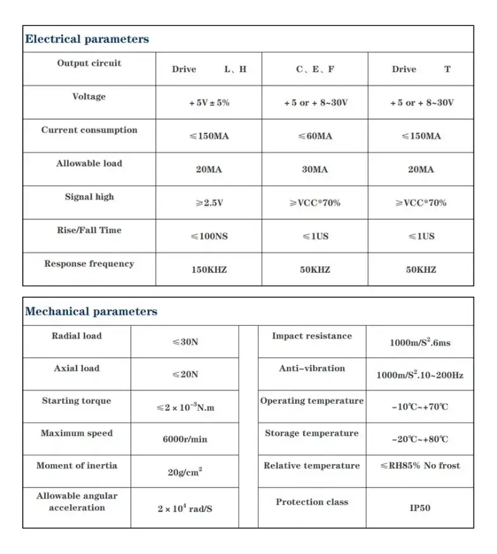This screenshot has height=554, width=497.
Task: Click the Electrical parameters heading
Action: click(87, 39)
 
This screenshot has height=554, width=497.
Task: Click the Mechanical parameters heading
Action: click(91, 312)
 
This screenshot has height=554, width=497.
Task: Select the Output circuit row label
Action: click(89, 63)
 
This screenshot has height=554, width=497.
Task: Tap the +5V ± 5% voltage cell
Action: click(209, 103)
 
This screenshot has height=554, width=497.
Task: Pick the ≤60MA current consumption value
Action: click(314, 136)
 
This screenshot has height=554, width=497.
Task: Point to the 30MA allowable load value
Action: click(314, 170)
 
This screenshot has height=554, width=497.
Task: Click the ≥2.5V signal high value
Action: click(209, 203)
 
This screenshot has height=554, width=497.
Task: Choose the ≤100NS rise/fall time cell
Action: click(209, 236)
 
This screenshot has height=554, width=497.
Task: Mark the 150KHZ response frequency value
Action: click(209, 270)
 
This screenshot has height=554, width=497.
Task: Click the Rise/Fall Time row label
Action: click(89, 230)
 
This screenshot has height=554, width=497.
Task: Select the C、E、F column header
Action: click(315, 70)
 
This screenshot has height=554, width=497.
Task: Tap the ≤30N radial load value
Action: click(185, 342)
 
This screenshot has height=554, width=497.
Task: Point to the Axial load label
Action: click(77, 368)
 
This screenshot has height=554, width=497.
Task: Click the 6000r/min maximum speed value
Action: click(185, 439)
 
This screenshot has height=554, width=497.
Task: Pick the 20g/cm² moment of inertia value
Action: click(185, 472)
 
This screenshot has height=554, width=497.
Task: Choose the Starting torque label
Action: click(77, 401)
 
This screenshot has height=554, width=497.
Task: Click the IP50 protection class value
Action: click(420, 508)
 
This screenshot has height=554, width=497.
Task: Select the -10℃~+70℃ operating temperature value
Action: click(420, 407)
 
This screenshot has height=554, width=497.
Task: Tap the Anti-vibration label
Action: click(312, 368)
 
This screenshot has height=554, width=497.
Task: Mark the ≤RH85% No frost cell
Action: click(420, 466)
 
